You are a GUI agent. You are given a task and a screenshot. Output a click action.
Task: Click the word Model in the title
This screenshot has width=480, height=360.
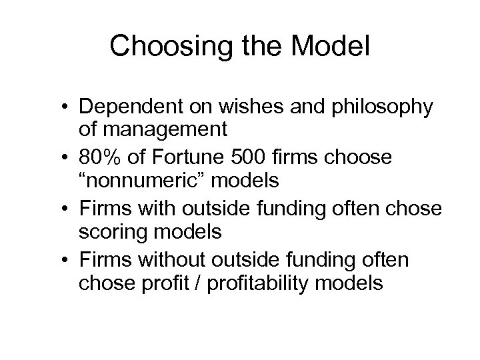coord(324,46)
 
